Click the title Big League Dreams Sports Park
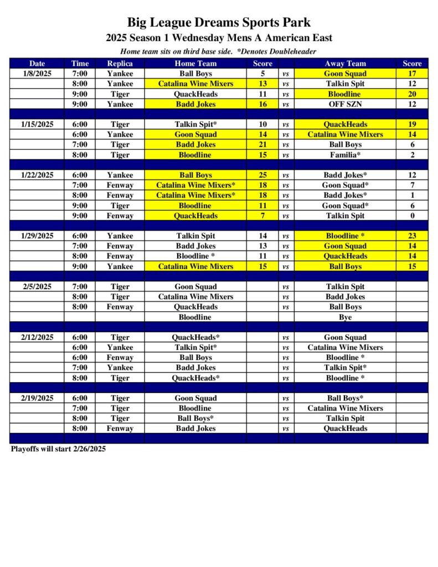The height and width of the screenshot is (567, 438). pyautogui.click(x=219, y=23)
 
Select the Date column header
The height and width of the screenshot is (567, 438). pyautogui.click(x=37, y=63)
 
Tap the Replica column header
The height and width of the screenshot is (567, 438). pyautogui.click(x=120, y=63)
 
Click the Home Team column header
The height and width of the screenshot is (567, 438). pyautogui.click(x=195, y=63)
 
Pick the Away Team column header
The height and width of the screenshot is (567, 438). pyautogui.click(x=345, y=63)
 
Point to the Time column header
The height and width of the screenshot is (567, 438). pyautogui.click(x=80, y=63)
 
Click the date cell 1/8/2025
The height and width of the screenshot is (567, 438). pyautogui.click(x=37, y=73)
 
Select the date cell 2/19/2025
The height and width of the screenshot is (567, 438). pyautogui.click(x=37, y=398)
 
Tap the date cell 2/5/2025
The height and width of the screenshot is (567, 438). pyautogui.click(x=37, y=286)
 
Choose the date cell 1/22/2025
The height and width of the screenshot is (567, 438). pyautogui.click(x=37, y=175)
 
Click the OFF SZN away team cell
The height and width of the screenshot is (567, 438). pyautogui.click(x=345, y=104)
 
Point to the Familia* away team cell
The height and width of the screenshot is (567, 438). pyautogui.click(x=345, y=155)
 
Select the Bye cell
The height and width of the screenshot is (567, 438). pyautogui.click(x=345, y=317)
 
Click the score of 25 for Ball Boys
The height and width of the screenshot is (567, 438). pyautogui.click(x=263, y=175)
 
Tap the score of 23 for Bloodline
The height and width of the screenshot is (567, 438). pyautogui.click(x=412, y=236)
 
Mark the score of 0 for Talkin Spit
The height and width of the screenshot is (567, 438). pyautogui.click(x=412, y=216)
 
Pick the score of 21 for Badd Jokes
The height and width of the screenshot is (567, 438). pyautogui.click(x=263, y=145)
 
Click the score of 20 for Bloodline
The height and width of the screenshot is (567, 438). pyautogui.click(x=412, y=94)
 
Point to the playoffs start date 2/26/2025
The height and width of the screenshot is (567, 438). pyautogui.click(x=89, y=449)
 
